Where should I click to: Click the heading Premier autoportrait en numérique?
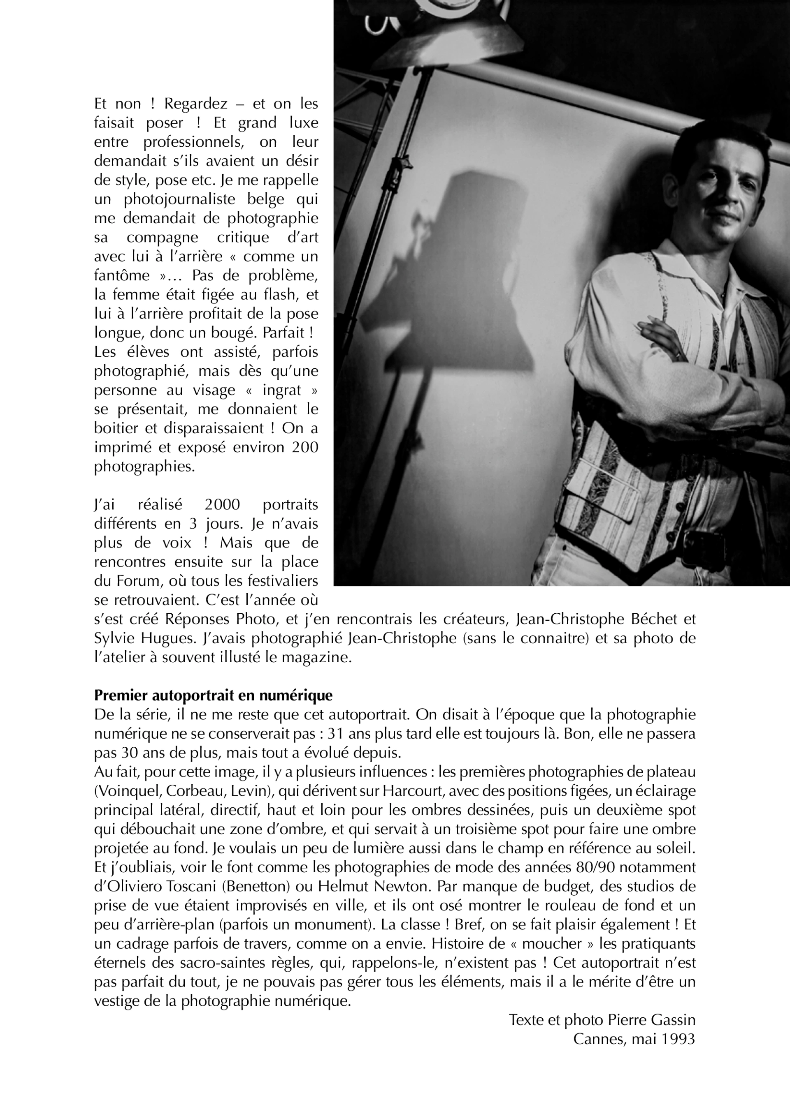pos(213,695)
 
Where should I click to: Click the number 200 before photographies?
pos(304,447)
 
